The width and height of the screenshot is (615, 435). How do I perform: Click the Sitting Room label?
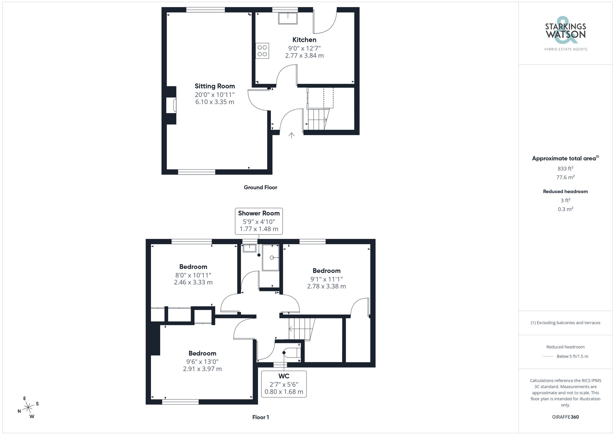click(215, 86)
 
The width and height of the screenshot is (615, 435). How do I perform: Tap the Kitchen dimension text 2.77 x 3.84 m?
click(304, 56)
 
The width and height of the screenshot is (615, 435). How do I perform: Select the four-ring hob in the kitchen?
click(262, 51)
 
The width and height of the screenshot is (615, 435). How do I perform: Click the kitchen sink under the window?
click(288, 18)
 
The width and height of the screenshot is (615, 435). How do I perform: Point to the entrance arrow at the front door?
click(292, 135)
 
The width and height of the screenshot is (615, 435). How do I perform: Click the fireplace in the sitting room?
click(172, 105)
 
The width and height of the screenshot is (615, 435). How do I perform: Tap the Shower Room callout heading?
click(259, 213)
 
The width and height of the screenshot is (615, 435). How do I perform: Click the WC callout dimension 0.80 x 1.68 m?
click(284, 392)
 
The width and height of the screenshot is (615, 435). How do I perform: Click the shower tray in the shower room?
click(271, 258)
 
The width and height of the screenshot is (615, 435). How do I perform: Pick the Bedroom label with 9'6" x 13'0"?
click(202, 353)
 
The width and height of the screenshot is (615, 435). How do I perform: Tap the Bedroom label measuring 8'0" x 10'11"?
click(193, 267)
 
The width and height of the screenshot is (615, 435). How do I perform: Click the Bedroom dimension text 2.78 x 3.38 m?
click(326, 286)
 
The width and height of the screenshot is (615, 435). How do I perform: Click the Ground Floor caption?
click(260, 187)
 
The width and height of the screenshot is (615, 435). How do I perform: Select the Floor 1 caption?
click(260, 417)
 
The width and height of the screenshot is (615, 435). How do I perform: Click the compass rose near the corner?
click(28, 408)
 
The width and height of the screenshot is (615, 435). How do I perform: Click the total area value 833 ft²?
click(565, 168)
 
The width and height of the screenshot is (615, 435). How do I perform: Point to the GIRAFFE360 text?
click(565, 417)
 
